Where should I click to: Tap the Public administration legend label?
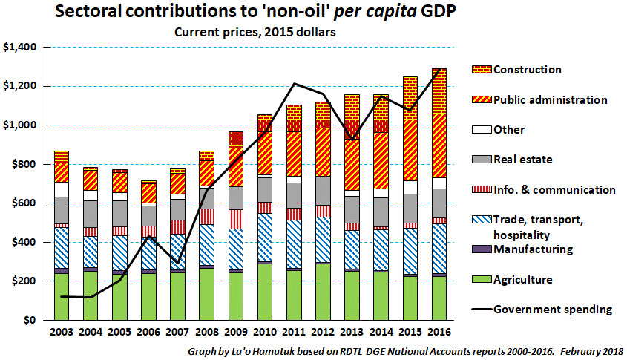point(551,100)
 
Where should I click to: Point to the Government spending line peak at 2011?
point(295,84)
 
